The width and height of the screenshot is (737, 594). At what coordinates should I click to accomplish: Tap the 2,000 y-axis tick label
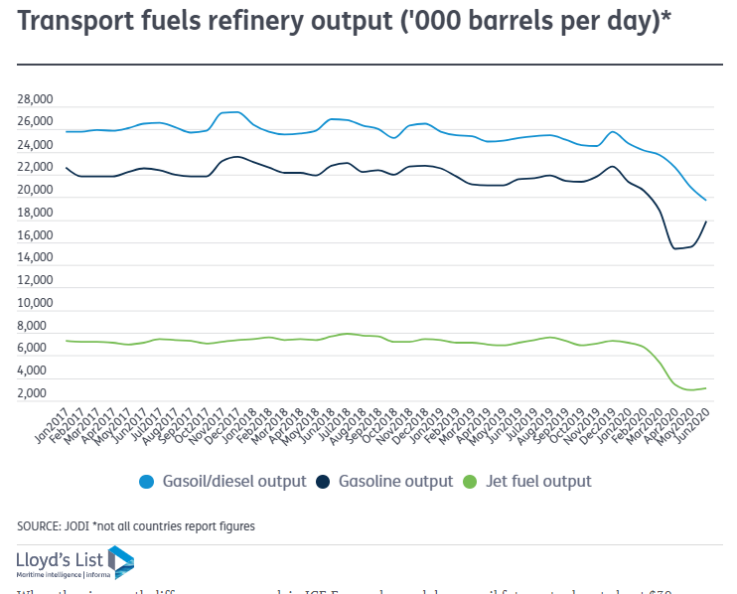[37, 393]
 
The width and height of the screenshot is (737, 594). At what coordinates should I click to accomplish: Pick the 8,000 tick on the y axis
[37, 326]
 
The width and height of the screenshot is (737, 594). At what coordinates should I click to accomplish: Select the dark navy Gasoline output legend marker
[324, 482]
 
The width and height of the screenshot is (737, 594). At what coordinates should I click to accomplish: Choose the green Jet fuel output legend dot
[472, 482]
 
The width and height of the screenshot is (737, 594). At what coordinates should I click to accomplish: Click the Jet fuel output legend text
[538, 482]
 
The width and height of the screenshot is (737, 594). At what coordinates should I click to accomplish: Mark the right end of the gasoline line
[705, 222]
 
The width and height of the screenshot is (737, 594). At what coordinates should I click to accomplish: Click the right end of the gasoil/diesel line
[705, 201]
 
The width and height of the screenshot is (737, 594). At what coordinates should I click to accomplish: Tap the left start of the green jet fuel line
[67, 341]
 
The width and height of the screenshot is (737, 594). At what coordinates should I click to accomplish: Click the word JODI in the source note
[78, 526]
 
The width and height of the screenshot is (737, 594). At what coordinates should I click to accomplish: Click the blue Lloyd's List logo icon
[120, 562]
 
